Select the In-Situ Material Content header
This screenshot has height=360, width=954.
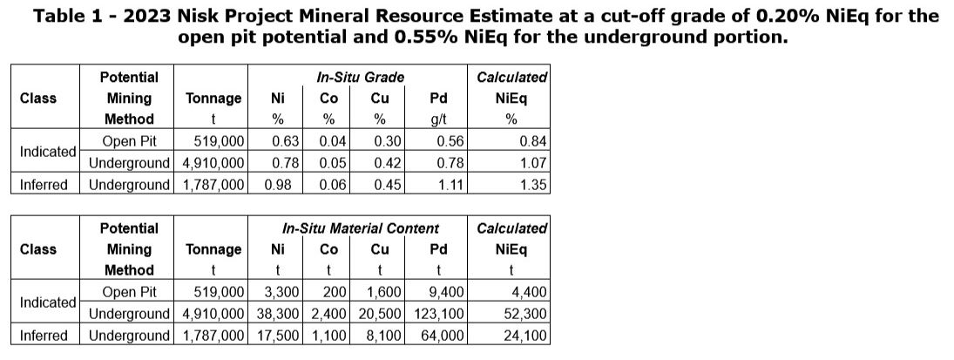tap(361, 228)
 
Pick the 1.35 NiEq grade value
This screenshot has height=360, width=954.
tap(531, 184)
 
